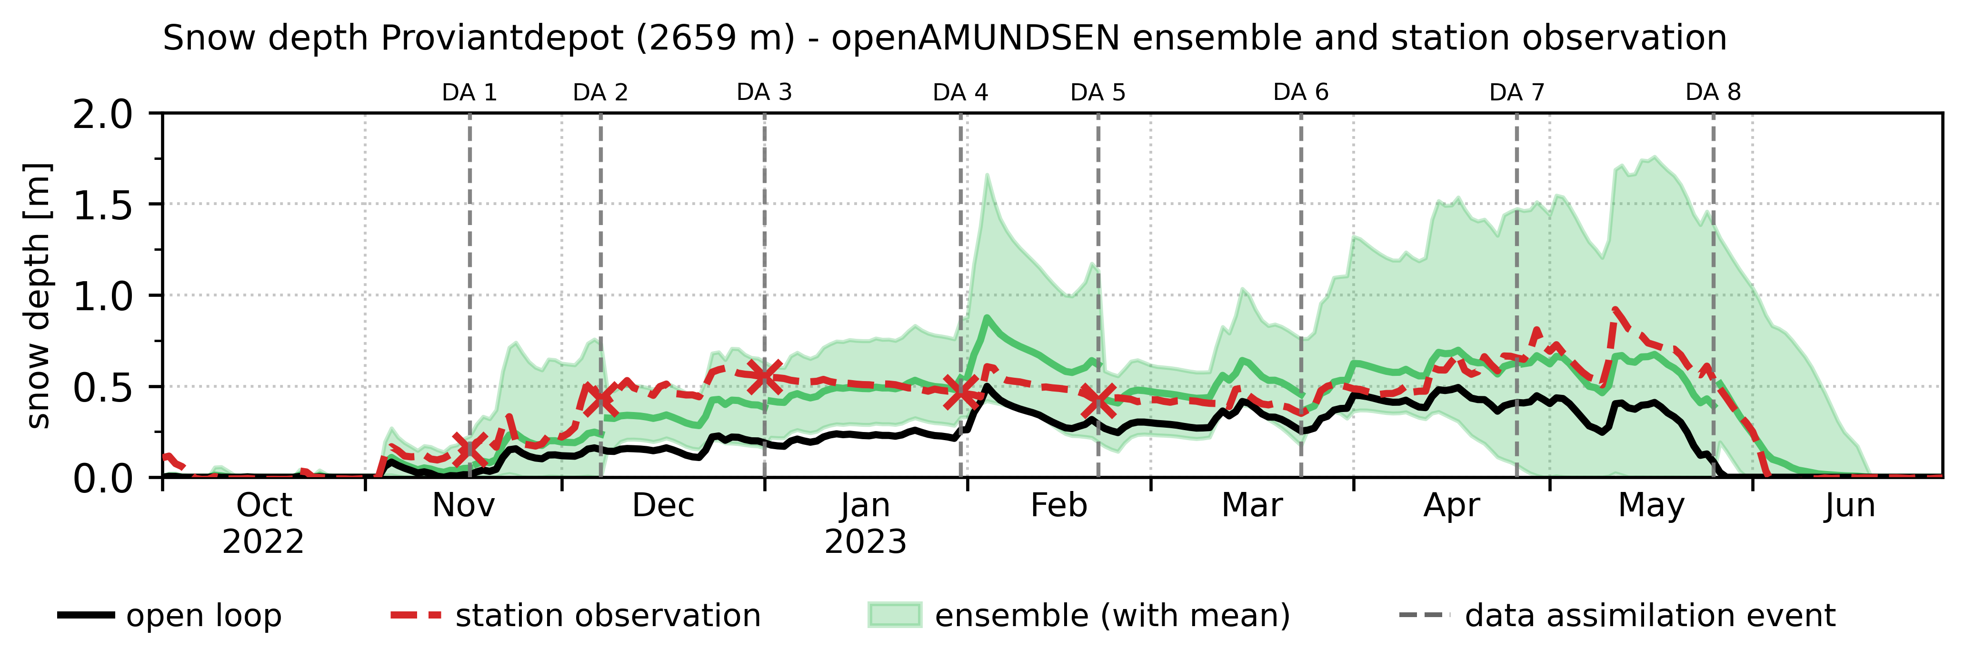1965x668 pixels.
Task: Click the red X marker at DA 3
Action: (764, 375)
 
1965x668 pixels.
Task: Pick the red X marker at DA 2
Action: (600, 396)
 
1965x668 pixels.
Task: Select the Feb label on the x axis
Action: (1059, 506)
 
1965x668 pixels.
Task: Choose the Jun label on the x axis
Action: (1850, 506)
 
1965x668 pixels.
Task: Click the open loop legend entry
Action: (170, 615)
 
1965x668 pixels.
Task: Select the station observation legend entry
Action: (576, 615)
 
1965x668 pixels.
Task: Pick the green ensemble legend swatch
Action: (895, 615)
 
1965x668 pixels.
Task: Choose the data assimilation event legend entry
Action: (1617, 615)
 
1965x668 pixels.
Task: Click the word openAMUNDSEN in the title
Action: (976, 38)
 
